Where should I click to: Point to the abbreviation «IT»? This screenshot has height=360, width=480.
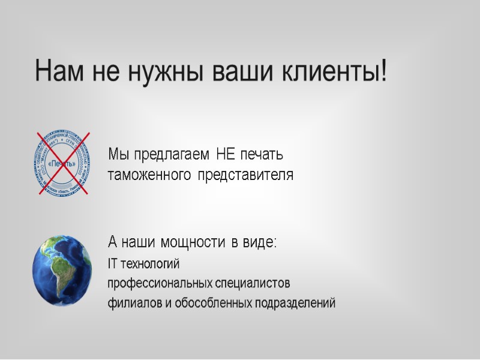click(112, 264)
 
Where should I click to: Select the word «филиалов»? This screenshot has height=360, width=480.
click(131, 303)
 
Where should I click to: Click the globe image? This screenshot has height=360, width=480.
click(62, 269)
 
